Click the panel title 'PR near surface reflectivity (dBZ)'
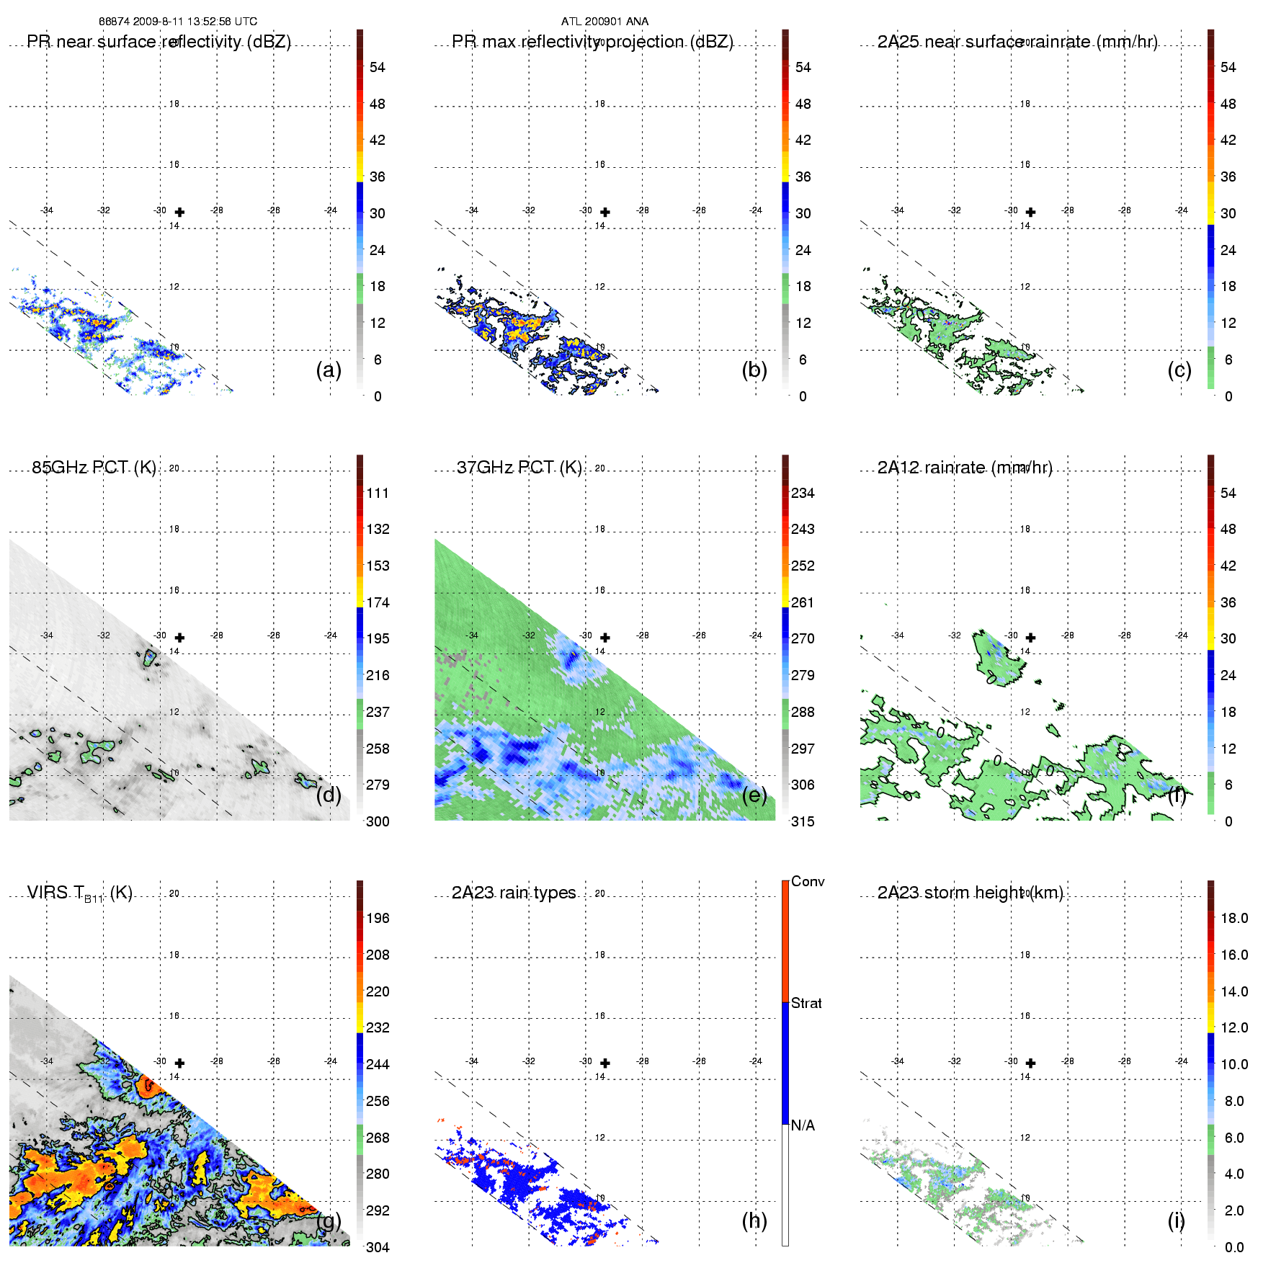coord(159,42)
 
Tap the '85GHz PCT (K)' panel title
coord(94,468)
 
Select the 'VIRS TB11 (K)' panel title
coord(79,893)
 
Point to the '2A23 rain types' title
coord(514,893)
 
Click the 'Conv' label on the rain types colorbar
coord(808,881)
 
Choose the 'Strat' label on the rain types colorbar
coord(806,1003)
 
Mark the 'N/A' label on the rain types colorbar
coord(803,1125)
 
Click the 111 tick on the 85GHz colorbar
coord(378,493)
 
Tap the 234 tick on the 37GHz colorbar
coord(803,493)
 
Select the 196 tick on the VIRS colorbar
coord(378,918)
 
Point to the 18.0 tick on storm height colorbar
coord(1234,918)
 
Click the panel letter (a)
coord(329,370)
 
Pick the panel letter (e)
coord(754,795)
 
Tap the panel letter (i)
coord(1176,1221)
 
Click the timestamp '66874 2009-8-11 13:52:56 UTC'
coord(178,22)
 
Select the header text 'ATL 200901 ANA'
coord(604,22)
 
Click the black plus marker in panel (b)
coord(605,212)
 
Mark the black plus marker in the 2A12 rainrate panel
coord(1031,638)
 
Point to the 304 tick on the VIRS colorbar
coord(378,1247)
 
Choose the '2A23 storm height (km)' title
coord(970,893)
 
